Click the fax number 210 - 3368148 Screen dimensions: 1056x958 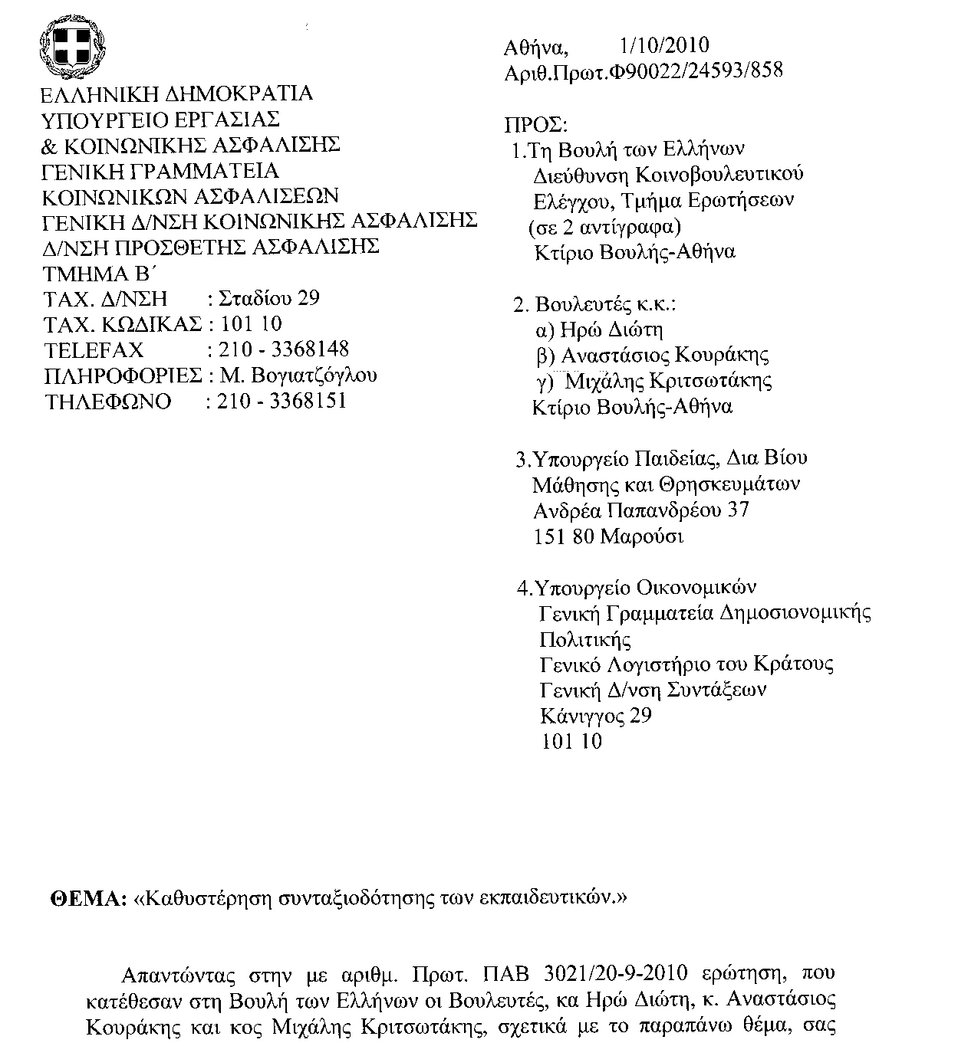click(284, 349)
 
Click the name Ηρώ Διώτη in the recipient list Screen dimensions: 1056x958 click(611, 330)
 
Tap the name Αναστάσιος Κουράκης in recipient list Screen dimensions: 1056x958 click(665, 356)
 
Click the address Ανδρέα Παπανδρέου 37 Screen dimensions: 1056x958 click(640, 510)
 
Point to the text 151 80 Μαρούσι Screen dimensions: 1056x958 click(607, 536)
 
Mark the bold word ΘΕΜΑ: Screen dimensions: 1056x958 click(87, 897)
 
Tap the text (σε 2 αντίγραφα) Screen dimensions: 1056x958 click(604, 227)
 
